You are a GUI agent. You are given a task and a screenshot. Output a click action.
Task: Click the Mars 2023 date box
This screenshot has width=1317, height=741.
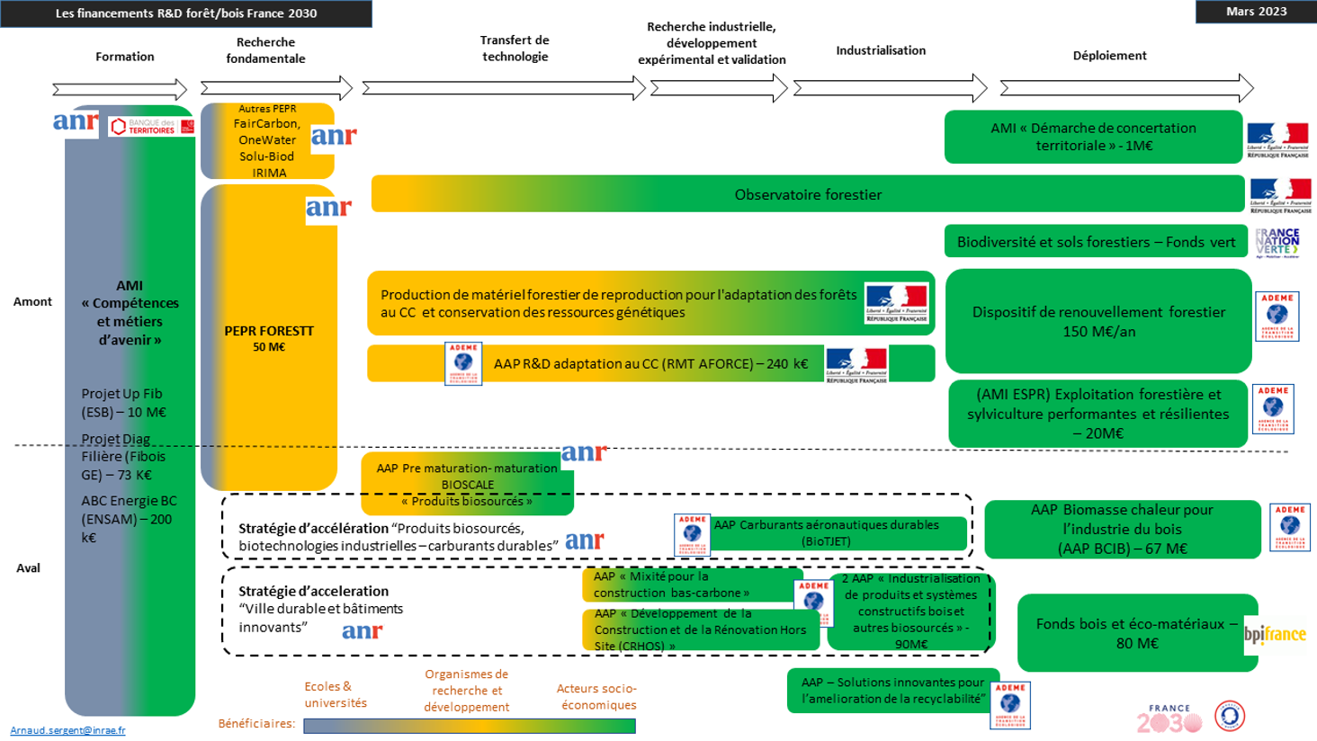pyautogui.click(x=1256, y=12)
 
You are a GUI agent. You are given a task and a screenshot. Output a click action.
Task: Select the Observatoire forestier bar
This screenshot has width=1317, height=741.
pyautogui.click(x=807, y=194)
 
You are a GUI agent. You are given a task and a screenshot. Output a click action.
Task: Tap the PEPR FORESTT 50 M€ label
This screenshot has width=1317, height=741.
pyautogui.click(x=269, y=338)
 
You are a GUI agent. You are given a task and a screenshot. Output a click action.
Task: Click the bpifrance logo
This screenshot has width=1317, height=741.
pyautogui.click(x=1275, y=635)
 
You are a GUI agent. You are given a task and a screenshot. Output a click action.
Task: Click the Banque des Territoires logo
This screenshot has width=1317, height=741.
pyautogui.click(x=151, y=127)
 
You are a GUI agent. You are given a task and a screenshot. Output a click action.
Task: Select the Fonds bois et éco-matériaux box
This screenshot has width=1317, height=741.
pyautogui.click(x=1136, y=633)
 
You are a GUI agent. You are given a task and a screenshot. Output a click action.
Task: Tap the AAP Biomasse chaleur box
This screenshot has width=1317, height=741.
pyautogui.click(x=1122, y=529)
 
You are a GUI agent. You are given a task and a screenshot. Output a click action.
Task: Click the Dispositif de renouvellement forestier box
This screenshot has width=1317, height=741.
pyautogui.click(x=1097, y=321)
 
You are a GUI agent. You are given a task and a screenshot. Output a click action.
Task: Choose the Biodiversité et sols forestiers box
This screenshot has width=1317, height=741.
pyautogui.click(x=1095, y=242)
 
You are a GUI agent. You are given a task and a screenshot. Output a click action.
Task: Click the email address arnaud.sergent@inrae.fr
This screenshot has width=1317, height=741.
pyautogui.click(x=67, y=730)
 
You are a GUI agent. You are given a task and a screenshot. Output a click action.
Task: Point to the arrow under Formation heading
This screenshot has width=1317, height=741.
pyautogui.click(x=120, y=89)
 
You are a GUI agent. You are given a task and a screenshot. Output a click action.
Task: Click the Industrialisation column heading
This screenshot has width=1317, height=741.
pyautogui.click(x=881, y=50)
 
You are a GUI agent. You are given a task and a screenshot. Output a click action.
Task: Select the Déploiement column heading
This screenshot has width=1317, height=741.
pyautogui.click(x=1109, y=56)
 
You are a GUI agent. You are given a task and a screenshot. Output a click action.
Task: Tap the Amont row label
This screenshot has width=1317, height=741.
pyautogui.click(x=32, y=301)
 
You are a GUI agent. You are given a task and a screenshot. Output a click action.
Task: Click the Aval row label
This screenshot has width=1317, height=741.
pyautogui.click(x=28, y=567)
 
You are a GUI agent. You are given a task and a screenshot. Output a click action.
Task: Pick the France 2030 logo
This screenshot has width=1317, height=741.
pyautogui.click(x=1169, y=719)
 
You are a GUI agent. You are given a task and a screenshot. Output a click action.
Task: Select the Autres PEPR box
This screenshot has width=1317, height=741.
pyautogui.click(x=267, y=141)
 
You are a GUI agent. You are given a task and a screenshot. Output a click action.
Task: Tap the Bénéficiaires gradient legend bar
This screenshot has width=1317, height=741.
pyautogui.click(x=470, y=726)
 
